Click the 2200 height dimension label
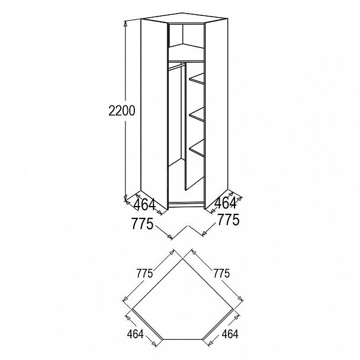pyautogui.click(x=122, y=110)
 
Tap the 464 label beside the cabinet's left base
pyautogui.click(x=144, y=205)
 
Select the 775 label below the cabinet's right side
pyautogui.click(x=228, y=221)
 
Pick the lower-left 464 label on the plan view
pyautogui.click(x=135, y=334)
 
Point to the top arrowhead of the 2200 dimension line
pyautogui.click(x=126, y=22)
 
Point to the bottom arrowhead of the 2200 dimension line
pyautogui.click(x=126, y=199)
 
